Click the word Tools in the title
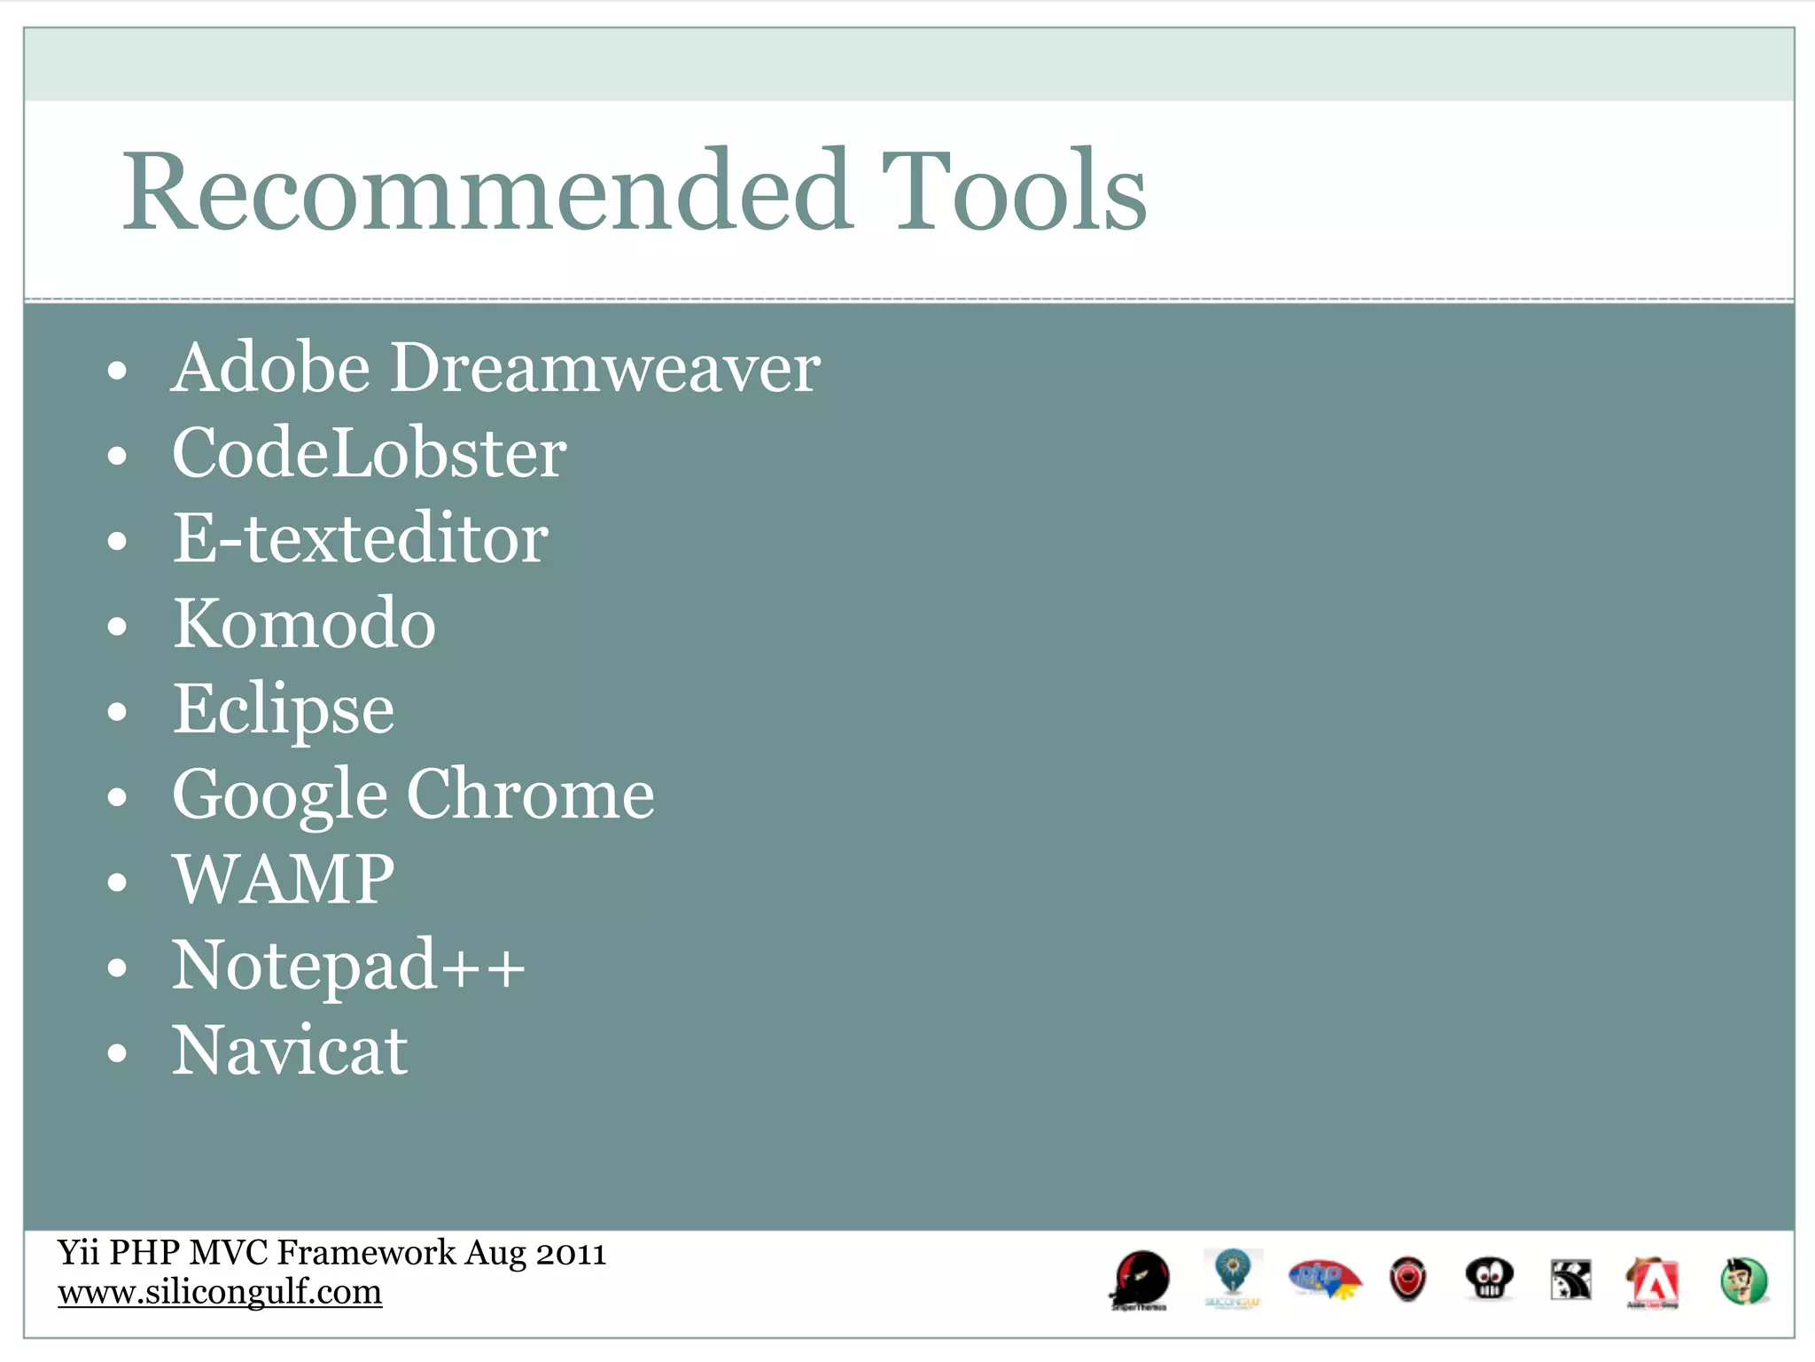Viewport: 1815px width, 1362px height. click(x=1014, y=192)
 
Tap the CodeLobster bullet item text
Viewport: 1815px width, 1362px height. click(x=369, y=453)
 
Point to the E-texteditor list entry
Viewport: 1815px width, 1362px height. click(x=360, y=538)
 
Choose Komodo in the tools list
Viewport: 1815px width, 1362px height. click(x=304, y=623)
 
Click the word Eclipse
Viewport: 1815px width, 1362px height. click(x=284, y=709)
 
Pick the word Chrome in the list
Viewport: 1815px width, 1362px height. click(x=530, y=794)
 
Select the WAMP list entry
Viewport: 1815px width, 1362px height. click(x=284, y=880)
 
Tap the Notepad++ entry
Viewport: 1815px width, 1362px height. click(x=348, y=965)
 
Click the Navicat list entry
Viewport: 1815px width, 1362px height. click(x=290, y=1051)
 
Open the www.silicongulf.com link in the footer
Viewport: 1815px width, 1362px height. click(x=220, y=1292)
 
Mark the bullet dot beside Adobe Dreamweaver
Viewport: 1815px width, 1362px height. click(x=117, y=371)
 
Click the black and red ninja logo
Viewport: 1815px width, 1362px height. click(x=1141, y=1280)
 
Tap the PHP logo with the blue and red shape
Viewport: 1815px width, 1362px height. click(x=1323, y=1279)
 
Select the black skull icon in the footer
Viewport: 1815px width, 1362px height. click(x=1489, y=1280)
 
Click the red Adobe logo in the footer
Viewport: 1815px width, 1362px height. click(x=1652, y=1281)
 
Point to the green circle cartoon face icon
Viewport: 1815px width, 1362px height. click(x=1744, y=1281)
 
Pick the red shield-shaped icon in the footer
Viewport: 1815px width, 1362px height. click(x=1407, y=1280)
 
